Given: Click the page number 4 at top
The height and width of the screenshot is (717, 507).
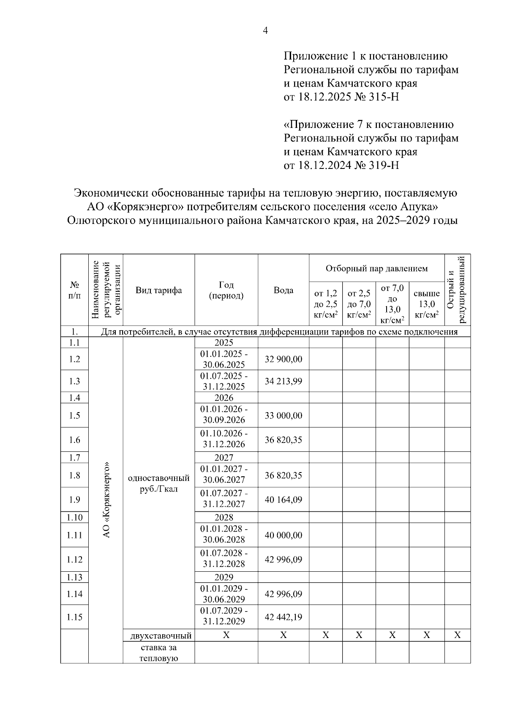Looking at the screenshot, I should pyautogui.click(x=265, y=30).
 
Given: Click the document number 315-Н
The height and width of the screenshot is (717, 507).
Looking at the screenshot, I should pyautogui.click(x=382, y=97).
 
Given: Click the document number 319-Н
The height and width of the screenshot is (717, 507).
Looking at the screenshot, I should pyautogui.click(x=382, y=165).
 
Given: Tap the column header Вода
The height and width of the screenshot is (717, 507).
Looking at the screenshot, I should pyautogui.click(x=283, y=290).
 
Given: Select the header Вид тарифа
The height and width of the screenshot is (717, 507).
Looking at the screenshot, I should pyautogui.click(x=158, y=290).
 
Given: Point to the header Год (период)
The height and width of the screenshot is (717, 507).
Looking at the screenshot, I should pyautogui.click(x=226, y=290).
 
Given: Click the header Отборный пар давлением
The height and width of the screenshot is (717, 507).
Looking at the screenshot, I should pyautogui.click(x=376, y=269).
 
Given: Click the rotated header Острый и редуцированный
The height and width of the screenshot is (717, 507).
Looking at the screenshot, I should pyautogui.click(x=457, y=290).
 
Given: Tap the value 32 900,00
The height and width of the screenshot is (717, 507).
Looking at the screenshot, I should pyautogui.click(x=283, y=359).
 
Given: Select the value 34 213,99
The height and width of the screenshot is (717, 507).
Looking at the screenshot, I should pyautogui.click(x=283, y=381).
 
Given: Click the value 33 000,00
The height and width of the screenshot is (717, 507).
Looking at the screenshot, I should pyautogui.click(x=283, y=416).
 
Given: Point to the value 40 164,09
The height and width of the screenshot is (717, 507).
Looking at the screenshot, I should pyautogui.click(x=283, y=500).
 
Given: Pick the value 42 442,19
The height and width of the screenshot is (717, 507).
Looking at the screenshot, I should pyautogui.click(x=283, y=617).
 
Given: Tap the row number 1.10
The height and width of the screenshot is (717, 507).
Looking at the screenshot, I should pyautogui.click(x=74, y=517).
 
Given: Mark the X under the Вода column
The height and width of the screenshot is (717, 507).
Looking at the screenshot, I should pyautogui.click(x=283, y=635).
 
